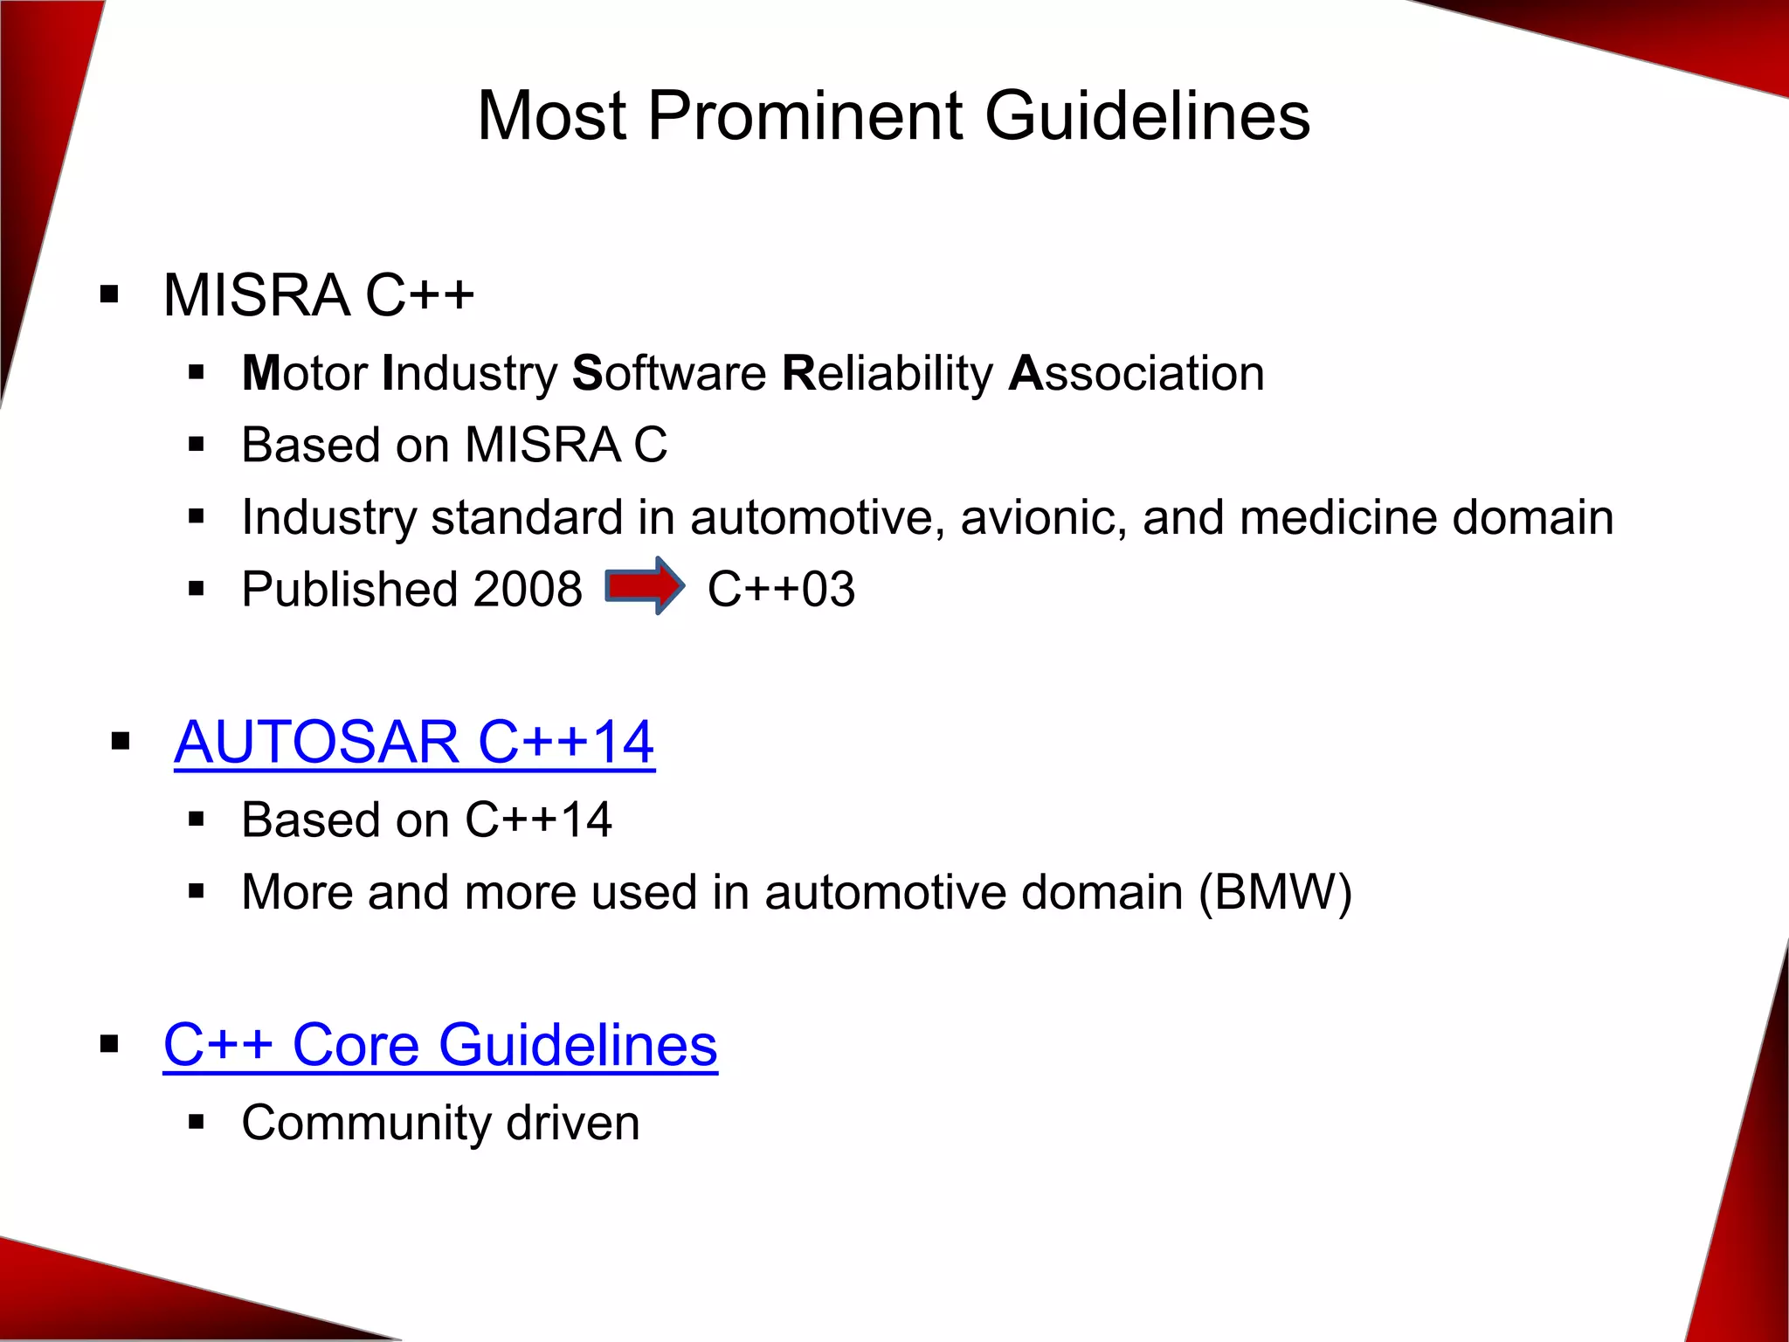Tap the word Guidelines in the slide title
pyautogui.click(x=1147, y=116)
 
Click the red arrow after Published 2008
pyautogui.click(x=645, y=586)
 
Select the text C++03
pyautogui.click(x=781, y=589)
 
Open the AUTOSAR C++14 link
pyautogui.click(x=414, y=743)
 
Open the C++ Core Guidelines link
pyautogui.click(x=440, y=1045)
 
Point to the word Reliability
pyautogui.click(x=888, y=374)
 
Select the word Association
pyautogui.click(x=1136, y=374)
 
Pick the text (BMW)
pyautogui.click(x=1274, y=893)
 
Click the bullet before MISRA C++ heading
pyautogui.click(x=109, y=294)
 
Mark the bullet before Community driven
pyautogui.click(x=196, y=1122)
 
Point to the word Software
pyautogui.click(x=669, y=374)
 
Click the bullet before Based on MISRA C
pyautogui.click(x=196, y=445)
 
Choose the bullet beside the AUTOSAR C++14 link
pyautogui.click(x=121, y=743)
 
